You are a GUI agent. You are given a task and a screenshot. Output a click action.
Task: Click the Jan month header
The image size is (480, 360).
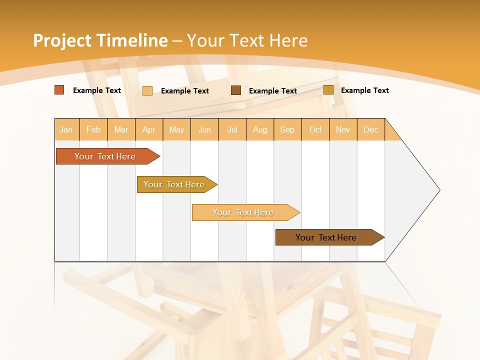tap(66, 129)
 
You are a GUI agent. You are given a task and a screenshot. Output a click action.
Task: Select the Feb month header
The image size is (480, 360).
tap(93, 129)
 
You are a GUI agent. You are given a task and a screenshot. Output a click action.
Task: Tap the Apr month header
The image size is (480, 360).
tap(149, 129)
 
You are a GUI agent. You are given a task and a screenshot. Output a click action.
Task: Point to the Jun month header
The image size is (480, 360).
tap(204, 129)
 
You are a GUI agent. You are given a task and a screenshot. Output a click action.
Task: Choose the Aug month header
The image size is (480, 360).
tap(260, 129)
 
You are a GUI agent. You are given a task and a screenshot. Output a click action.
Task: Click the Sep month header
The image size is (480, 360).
tap(287, 129)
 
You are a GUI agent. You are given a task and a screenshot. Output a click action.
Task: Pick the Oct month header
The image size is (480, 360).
tap(315, 129)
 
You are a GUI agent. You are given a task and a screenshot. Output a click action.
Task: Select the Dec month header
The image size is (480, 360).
tap(371, 129)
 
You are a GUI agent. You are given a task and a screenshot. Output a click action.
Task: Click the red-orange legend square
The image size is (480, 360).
tap(59, 90)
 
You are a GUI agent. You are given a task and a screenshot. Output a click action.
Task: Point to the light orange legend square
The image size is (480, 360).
tap(147, 90)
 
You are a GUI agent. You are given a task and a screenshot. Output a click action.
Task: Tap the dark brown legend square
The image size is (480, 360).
tap(236, 90)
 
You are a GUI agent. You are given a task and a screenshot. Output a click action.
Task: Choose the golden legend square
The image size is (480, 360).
tap(328, 90)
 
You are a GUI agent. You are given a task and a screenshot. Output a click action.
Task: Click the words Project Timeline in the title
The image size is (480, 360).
tap(100, 40)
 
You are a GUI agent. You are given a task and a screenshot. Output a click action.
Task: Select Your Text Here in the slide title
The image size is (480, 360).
tap(247, 40)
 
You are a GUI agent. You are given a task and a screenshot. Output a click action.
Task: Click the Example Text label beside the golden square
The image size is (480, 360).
tap(364, 90)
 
